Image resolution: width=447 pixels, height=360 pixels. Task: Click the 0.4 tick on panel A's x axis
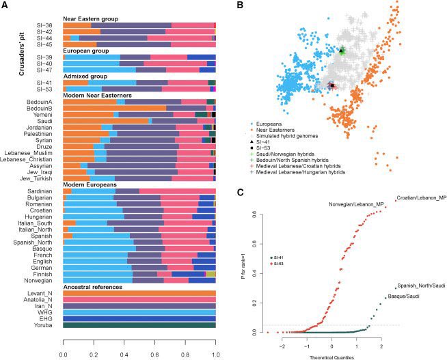click(124, 355)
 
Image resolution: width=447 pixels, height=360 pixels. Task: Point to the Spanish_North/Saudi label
click(420, 286)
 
